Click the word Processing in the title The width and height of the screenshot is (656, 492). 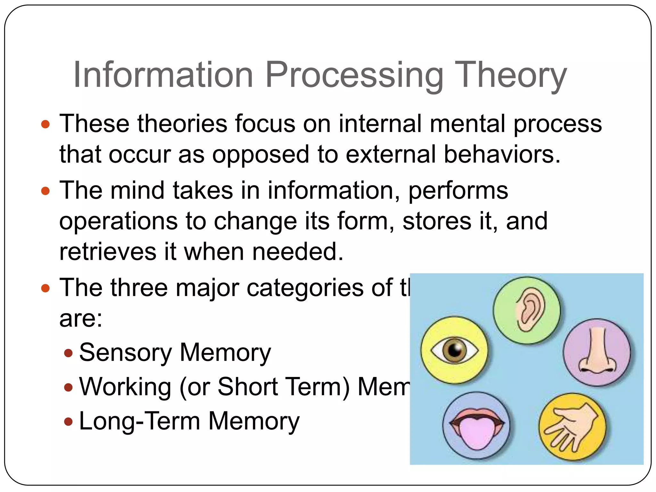click(x=354, y=75)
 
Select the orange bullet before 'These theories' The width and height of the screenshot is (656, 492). click(x=46, y=124)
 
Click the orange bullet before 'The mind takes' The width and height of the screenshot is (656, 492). click(x=46, y=191)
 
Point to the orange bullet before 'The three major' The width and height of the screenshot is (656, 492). click(x=46, y=288)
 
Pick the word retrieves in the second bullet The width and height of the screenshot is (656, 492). click(x=108, y=252)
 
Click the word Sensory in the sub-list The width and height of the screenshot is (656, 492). click(x=125, y=353)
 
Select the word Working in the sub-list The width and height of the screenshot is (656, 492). click(x=125, y=387)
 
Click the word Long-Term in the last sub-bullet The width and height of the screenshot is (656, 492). click(x=140, y=421)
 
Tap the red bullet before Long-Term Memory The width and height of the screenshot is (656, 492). click(x=68, y=421)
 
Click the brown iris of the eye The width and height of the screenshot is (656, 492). click(x=454, y=350)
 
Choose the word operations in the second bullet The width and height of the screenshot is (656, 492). click(x=118, y=221)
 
